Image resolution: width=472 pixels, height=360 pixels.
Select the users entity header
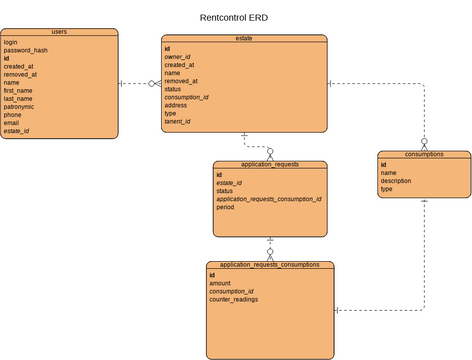pyautogui.click(x=59, y=32)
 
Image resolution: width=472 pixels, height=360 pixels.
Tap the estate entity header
pyautogui.click(x=244, y=38)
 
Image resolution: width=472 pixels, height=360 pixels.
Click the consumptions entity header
pyautogui.click(x=423, y=155)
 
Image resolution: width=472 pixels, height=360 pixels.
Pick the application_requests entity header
pyautogui.click(x=270, y=164)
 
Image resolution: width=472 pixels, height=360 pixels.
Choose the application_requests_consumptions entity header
pyautogui.click(x=269, y=265)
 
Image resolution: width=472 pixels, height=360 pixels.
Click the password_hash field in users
pyautogui.click(x=25, y=51)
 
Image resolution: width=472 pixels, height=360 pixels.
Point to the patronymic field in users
pyautogui.click(x=21, y=106)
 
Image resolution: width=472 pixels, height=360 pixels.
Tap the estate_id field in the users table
pyautogui.click(x=16, y=131)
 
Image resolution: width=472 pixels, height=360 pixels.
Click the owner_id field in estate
pyautogui.click(x=178, y=57)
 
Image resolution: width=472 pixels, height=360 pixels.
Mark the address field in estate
pyautogui.click(x=176, y=105)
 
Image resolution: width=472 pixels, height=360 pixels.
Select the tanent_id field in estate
pyautogui.click(x=177, y=122)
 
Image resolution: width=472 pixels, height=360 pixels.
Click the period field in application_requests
pyautogui.click(x=225, y=208)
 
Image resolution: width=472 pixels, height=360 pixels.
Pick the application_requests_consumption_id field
pyautogui.click(x=269, y=199)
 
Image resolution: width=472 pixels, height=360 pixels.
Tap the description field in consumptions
pyautogui.click(x=397, y=181)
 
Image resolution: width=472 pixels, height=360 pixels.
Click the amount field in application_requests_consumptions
pyautogui.click(x=220, y=283)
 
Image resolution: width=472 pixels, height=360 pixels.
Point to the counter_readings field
pyautogui.click(x=233, y=299)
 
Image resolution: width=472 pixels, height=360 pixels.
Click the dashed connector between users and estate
pyautogui.click(x=138, y=84)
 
